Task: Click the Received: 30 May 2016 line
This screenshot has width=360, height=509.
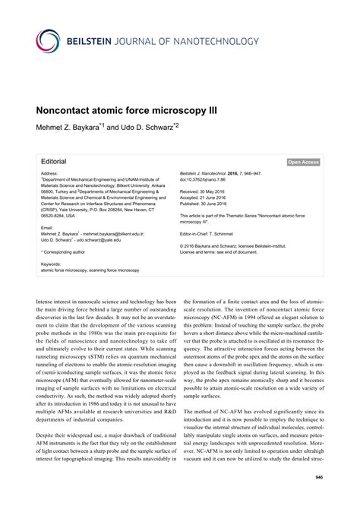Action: point(209,192)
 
